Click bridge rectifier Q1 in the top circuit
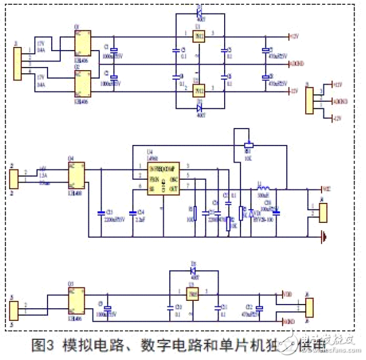coord(83,43)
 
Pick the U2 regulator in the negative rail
coord(198,90)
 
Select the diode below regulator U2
coord(199,108)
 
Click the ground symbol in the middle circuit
coord(323,236)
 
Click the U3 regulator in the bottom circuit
coord(194,296)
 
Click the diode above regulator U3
coord(194,270)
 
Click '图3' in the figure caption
coord(43,345)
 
